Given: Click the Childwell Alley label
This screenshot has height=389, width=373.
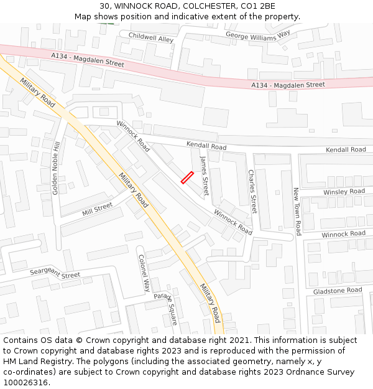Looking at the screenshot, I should tap(151, 38).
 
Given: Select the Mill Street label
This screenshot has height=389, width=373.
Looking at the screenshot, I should tap(97, 209).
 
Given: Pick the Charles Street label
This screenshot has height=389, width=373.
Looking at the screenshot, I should tap(252, 191).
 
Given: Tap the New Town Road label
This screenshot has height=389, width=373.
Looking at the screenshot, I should tap(297, 212).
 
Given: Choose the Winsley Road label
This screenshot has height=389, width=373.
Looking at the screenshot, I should tap(344, 192).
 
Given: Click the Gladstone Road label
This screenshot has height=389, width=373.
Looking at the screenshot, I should tap(338, 291).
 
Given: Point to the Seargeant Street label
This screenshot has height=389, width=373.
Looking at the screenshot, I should tap(55, 274).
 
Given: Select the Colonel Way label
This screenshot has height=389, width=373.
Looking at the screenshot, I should tap(144, 273).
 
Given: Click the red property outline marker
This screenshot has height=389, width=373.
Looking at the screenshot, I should tap(187, 178).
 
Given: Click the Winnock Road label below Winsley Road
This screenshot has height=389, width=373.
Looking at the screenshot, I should tap(343, 234).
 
